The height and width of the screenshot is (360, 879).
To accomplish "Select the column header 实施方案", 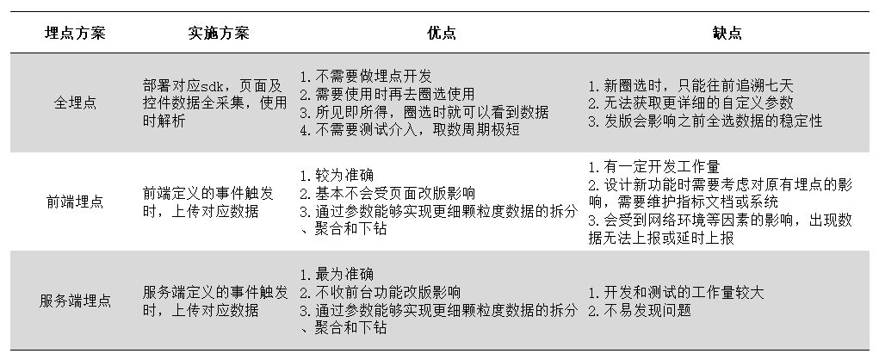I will click(218, 33).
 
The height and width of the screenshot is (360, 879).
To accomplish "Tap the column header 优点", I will click(442, 33).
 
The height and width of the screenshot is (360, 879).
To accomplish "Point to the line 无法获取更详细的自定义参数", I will click(690, 103).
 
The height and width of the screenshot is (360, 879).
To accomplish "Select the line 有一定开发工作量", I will click(653, 166).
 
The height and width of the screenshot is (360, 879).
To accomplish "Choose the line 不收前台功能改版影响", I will click(383, 292).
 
